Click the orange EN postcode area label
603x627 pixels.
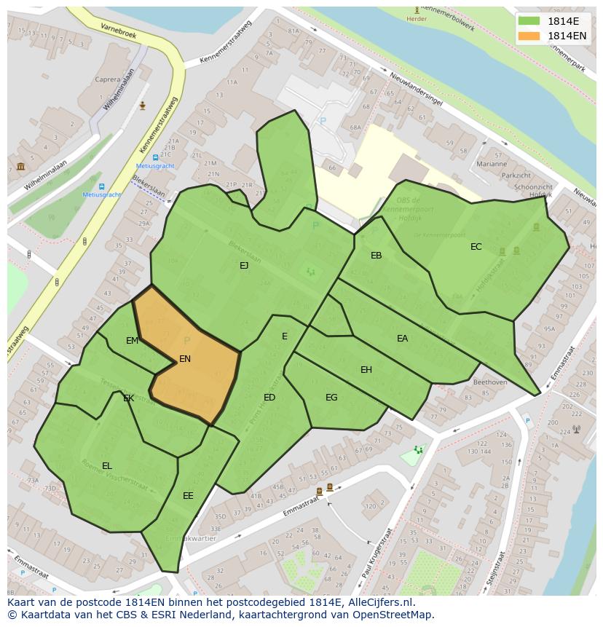(185, 359)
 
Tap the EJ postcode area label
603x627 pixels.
(244, 266)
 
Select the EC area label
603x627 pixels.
(476, 247)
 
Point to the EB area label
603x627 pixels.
(376, 256)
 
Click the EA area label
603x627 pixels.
(402, 339)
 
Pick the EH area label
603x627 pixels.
(366, 370)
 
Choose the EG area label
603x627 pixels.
(331, 398)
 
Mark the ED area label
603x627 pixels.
(269, 398)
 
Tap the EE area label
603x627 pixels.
(188, 496)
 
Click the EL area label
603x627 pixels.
(107, 466)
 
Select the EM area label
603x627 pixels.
(132, 341)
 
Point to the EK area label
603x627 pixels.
(128, 398)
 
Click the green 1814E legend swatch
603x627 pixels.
(529, 21)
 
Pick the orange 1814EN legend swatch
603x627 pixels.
(529, 36)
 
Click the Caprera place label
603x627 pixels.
(108, 79)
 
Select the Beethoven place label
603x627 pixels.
(489, 382)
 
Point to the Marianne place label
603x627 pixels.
(492, 165)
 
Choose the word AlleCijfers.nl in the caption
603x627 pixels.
(379, 602)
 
